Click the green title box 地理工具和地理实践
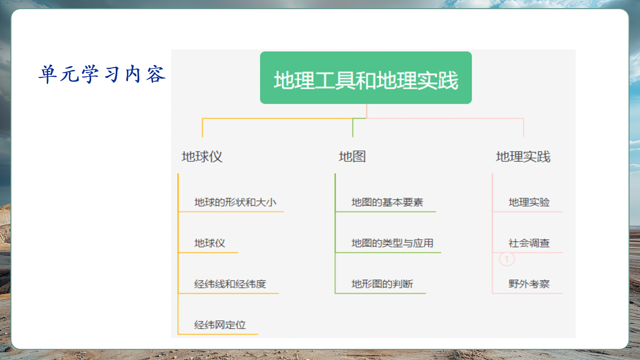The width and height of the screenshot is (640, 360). pos(366,78)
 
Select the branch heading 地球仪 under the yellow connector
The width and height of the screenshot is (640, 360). pos(202,157)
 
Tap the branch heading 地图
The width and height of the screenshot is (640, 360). pos(352,157)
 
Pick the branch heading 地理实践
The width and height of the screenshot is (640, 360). pos(523,157)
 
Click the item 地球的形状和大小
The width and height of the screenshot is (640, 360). pos(235,203)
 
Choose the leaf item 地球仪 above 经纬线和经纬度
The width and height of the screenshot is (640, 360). pos(210,243)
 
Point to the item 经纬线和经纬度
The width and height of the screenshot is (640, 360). pos(230,284)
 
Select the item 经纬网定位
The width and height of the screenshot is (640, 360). pos(220,325)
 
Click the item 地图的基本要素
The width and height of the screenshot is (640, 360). pos(387,203)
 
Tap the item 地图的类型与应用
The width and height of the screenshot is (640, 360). pos(392,243)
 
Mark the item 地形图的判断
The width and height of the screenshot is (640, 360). pos(382,284)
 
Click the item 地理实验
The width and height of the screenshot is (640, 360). pos(529,203)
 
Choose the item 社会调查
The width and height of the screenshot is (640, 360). pos(529,243)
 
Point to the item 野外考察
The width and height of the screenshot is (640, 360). pos(529,284)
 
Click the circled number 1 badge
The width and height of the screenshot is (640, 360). pos(507,260)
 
